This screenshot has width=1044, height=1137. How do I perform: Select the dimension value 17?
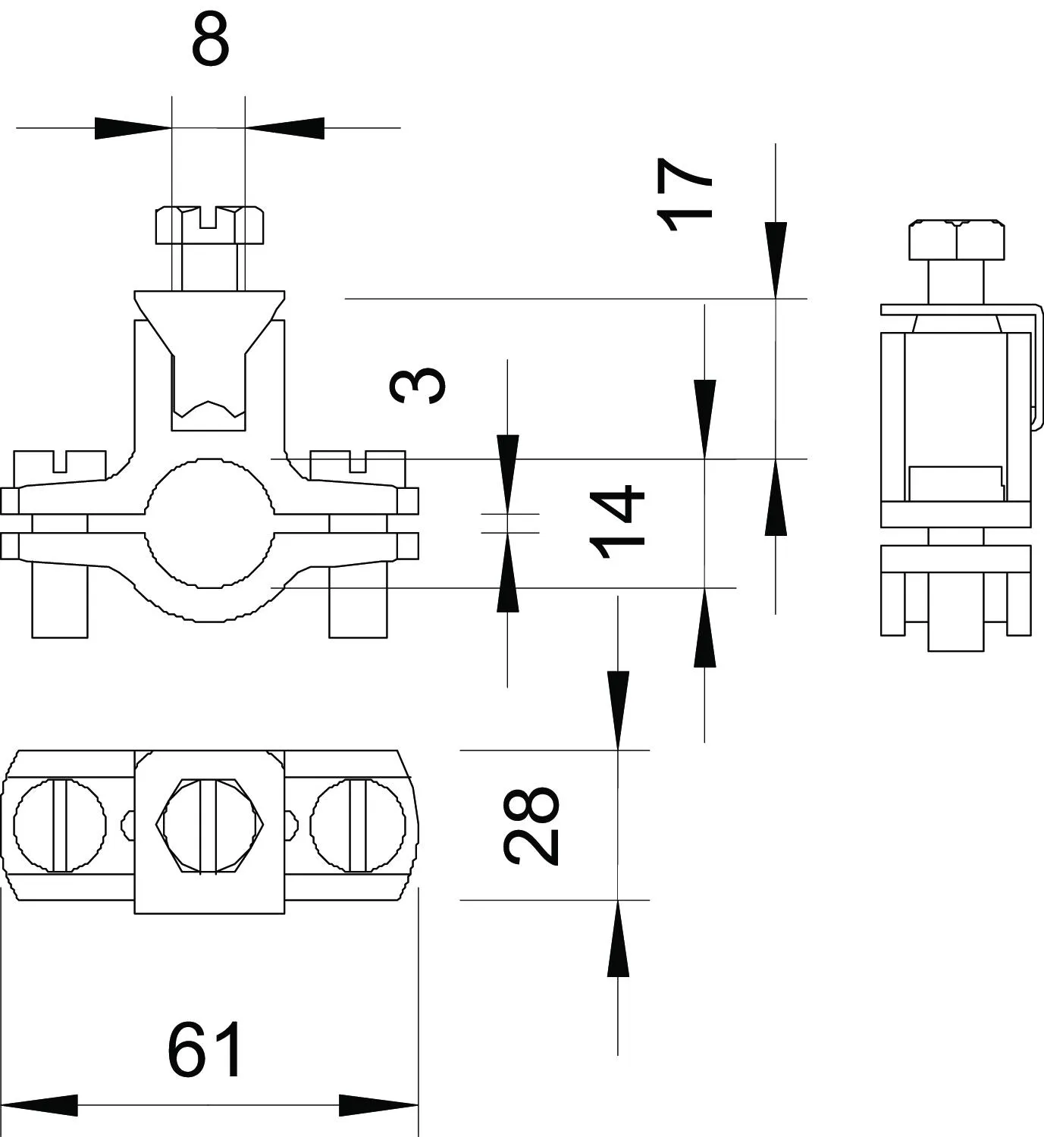(683, 195)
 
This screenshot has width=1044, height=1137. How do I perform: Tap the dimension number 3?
(418, 385)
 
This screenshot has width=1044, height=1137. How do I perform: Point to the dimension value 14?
(617, 522)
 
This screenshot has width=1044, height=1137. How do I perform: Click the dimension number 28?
(531, 825)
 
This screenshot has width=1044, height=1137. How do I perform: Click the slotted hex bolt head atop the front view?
(209, 225)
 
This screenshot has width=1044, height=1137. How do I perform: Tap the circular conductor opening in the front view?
(209, 523)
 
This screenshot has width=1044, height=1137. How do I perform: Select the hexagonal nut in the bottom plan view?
(209, 825)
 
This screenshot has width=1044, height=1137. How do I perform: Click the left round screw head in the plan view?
(60, 825)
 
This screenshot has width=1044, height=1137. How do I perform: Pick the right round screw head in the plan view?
(358, 825)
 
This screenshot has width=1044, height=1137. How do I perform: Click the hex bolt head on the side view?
(956, 240)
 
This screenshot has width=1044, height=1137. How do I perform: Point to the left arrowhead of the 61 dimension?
(39, 1105)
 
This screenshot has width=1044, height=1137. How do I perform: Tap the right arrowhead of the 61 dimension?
(379, 1105)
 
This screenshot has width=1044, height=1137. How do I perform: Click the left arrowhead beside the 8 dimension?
(133, 128)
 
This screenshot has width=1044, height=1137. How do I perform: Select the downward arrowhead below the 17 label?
(775, 259)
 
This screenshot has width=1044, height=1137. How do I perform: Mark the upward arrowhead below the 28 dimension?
(618, 938)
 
